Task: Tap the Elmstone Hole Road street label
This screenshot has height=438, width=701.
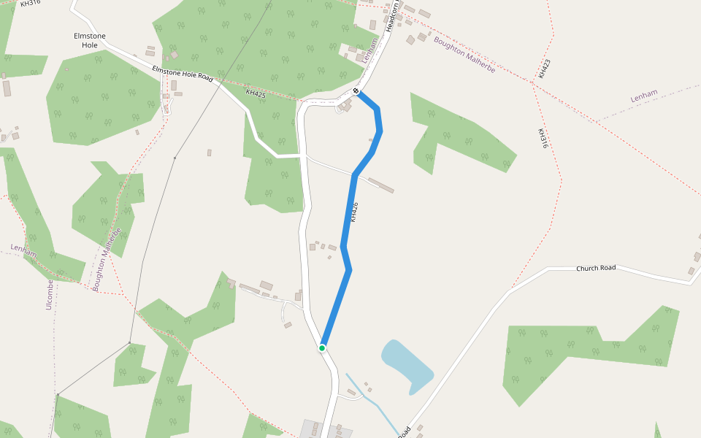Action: click(x=182, y=73)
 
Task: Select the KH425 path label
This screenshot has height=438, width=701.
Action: click(x=256, y=93)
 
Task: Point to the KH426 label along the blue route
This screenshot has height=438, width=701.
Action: click(x=354, y=212)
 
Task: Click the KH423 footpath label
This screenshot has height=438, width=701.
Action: click(x=543, y=69)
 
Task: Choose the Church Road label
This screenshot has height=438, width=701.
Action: click(x=596, y=268)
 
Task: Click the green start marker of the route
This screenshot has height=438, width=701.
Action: click(x=321, y=348)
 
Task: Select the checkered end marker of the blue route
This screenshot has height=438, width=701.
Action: click(x=356, y=91)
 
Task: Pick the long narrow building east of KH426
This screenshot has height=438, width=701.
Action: click(x=380, y=185)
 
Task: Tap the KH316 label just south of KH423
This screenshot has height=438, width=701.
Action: click(x=543, y=139)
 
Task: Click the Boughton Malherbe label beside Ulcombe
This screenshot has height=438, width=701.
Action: click(x=107, y=260)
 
